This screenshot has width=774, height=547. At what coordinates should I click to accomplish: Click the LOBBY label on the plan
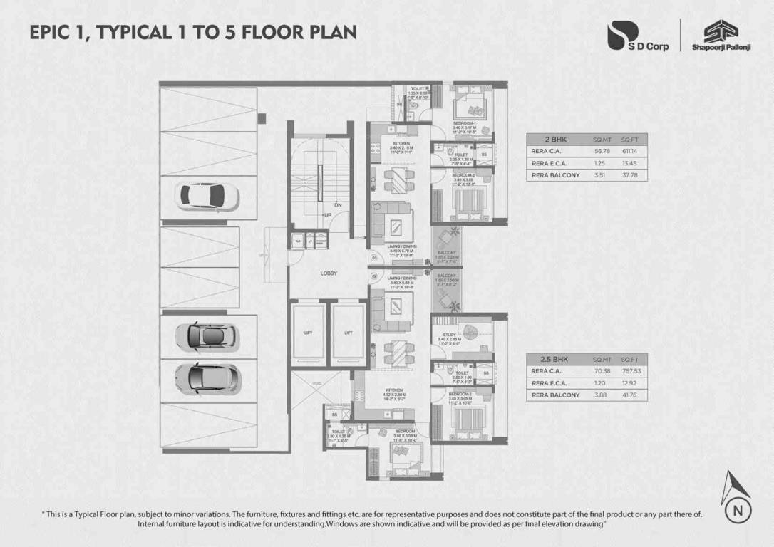tap(329, 273)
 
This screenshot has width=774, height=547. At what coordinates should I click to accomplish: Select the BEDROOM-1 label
tap(464, 123)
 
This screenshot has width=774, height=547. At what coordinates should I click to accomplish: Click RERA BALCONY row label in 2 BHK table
tap(555, 175)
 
